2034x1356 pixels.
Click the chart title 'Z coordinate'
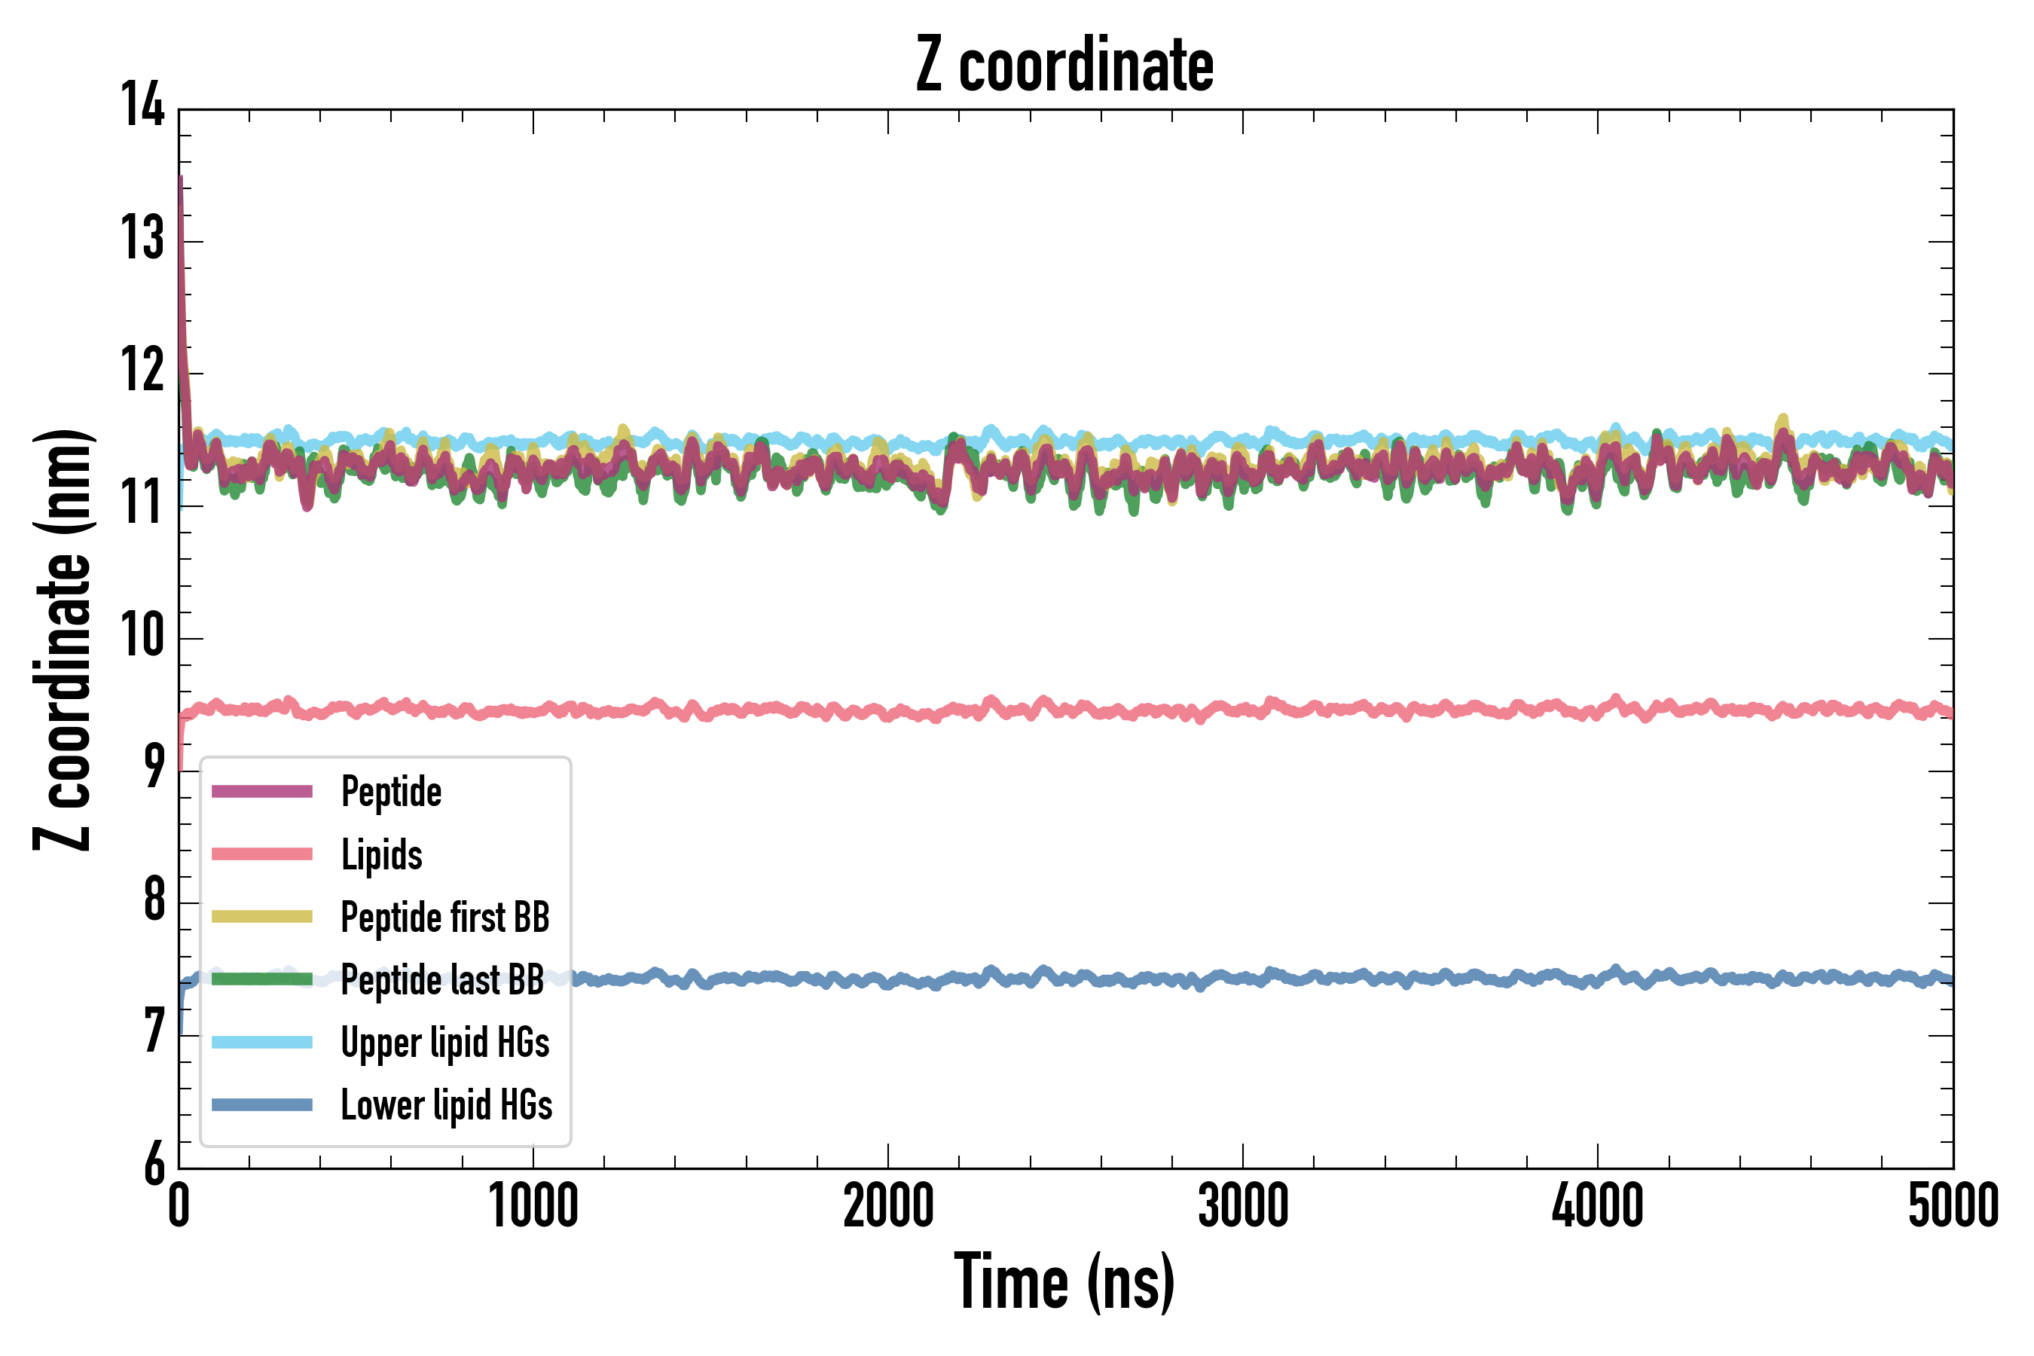(1064, 66)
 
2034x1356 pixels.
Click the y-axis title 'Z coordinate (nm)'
(63, 640)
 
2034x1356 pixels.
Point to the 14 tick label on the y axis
(142, 105)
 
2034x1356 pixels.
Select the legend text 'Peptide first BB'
(445, 918)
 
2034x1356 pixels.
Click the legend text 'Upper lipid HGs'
(445, 1043)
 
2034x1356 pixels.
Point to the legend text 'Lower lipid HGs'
(446, 1105)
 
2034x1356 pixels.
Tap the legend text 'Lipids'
(381, 854)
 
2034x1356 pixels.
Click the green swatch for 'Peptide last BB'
(262, 979)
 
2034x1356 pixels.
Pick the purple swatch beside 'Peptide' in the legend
(262, 791)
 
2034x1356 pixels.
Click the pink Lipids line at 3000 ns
(1243, 709)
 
